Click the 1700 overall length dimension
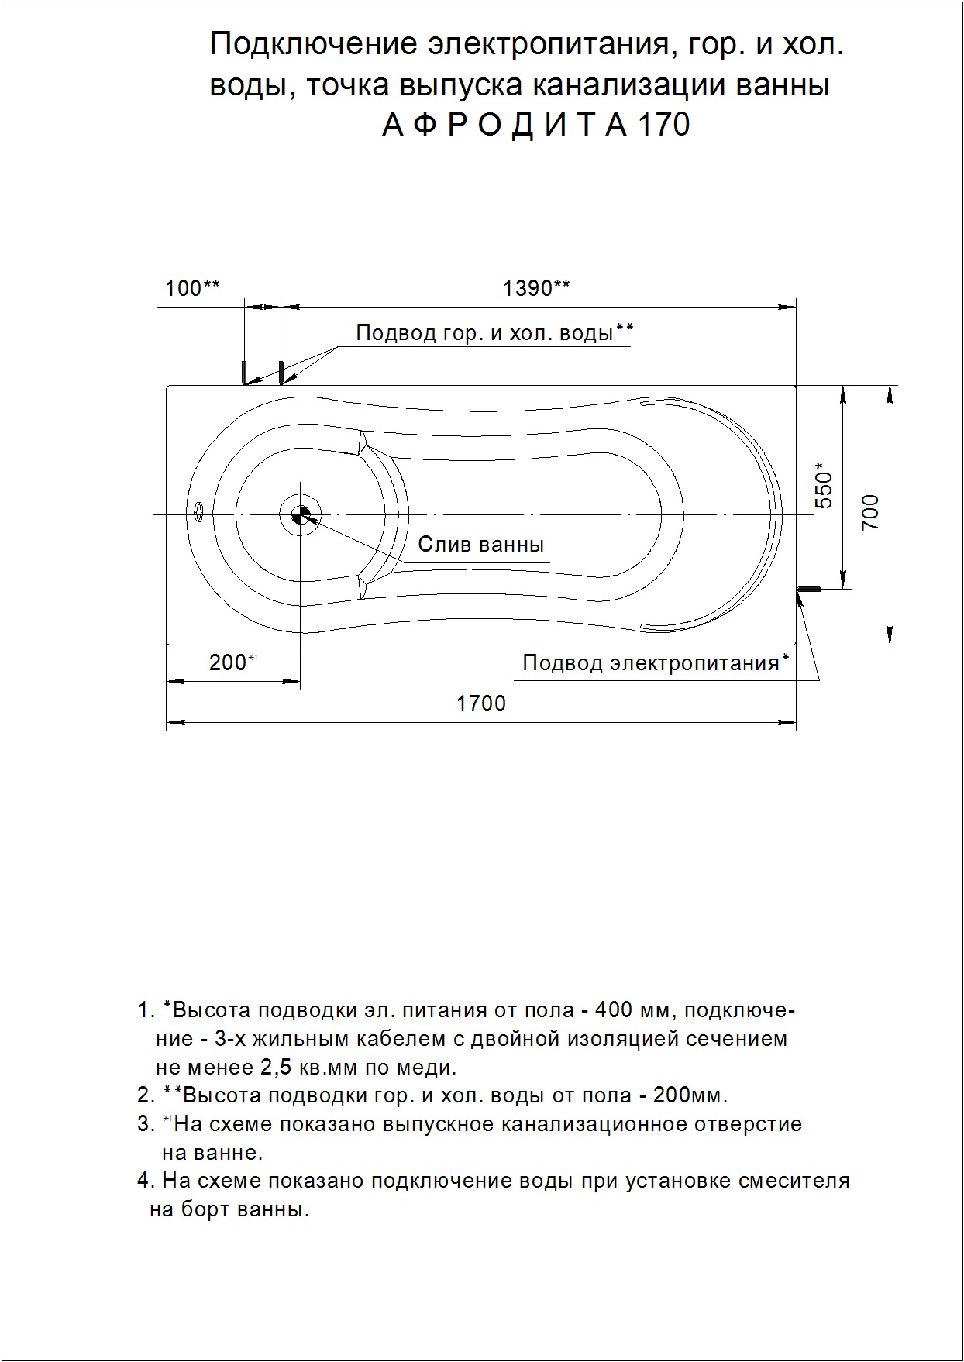click(x=480, y=703)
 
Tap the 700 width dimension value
click(x=871, y=511)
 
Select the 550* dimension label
click(x=824, y=485)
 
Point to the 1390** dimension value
click(x=536, y=288)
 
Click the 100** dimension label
click(x=192, y=288)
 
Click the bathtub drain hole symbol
click(x=300, y=514)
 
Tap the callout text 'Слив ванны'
click(x=480, y=544)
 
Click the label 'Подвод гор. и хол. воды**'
click(x=494, y=333)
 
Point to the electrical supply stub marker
click(x=809, y=590)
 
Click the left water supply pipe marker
click(x=243, y=372)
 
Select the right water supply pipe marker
click(x=281, y=372)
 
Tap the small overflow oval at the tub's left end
click(x=198, y=511)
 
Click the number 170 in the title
click(x=663, y=125)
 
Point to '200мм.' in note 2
click(x=690, y=1095)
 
